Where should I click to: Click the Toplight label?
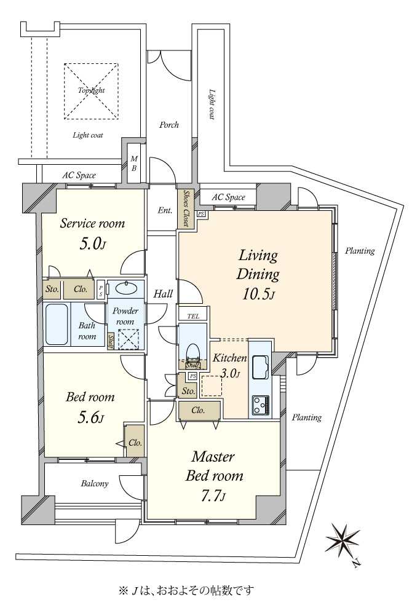click(x=92, y=90)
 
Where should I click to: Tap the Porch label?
click(x=169, y=125)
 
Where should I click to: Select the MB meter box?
click(x=133, y=164)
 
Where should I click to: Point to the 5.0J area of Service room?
click(x=92, y=244)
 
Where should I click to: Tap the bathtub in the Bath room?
click(x=57, y=324)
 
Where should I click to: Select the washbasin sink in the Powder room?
click(x=126, y=288)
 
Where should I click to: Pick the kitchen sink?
click(x=262, y=367)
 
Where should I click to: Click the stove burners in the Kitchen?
click(x=261, y=405)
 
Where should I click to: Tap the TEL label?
click(x=194, y=317)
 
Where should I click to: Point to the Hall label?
click(x=163, y=294)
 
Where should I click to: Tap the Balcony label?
click(x=95, y=483)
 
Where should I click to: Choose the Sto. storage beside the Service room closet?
click(x=52, y=288)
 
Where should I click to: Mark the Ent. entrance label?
click(x=165, y=210)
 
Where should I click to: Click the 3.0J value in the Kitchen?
click(x=231, y=373)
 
